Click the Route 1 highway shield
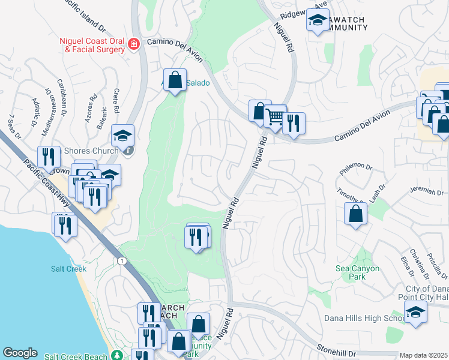[122, 260]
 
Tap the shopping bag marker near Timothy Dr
[355, 213]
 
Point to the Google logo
[20, 353]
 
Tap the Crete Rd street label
[116, 100]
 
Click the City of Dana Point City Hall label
[423, 293]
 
